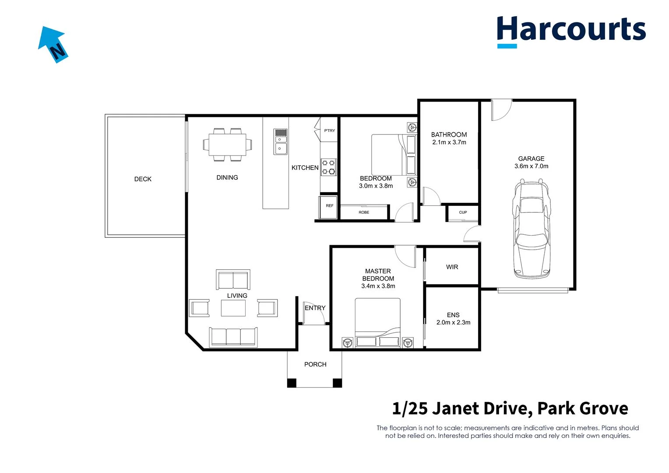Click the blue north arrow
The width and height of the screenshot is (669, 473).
(53, 44)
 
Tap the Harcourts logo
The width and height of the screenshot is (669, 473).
(571, 31)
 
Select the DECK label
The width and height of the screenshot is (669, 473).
(143, 179)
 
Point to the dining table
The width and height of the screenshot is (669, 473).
(227, 145)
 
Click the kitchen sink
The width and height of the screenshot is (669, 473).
(281, 142)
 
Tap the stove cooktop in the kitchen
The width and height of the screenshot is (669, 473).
(329, 167)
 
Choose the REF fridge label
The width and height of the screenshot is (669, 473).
(329, 206)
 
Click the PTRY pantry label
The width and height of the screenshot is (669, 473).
(329, 131)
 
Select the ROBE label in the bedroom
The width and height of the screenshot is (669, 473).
(364, 212)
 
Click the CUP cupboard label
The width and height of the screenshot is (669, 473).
(463, 212)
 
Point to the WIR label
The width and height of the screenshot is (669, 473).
(452, 267)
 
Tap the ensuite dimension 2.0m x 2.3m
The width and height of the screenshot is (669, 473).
(453, 322)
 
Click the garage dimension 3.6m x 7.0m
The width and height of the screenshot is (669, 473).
(531, 166)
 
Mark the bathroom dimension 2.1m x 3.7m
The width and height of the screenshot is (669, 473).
(449, 142)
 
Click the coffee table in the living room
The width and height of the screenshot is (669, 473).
(233, 308)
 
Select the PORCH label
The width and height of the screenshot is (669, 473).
(315, 364)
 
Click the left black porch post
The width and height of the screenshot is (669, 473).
(292, 383)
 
